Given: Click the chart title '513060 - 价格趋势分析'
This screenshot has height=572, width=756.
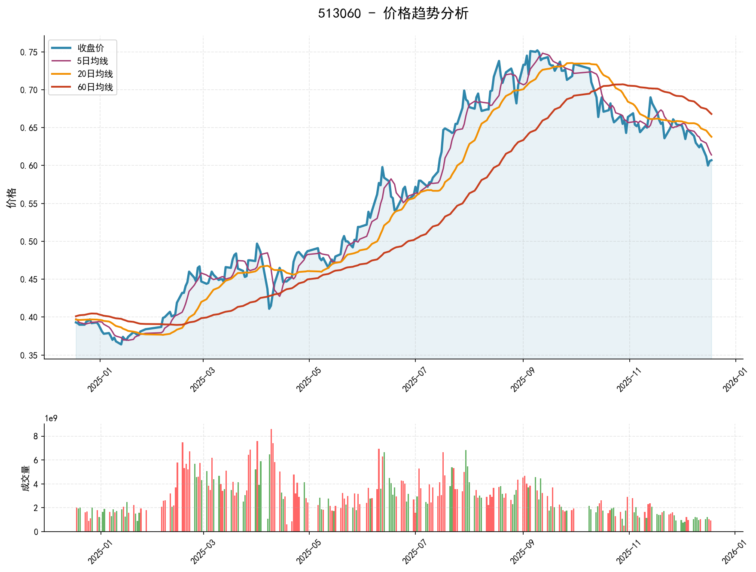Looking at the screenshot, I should tap(393, 14).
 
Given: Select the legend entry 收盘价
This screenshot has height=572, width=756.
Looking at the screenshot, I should tap(91, 48).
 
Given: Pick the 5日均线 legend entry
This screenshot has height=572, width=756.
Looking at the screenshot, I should tap(92, 61).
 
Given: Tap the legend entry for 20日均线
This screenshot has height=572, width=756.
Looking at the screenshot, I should tap(95, 74).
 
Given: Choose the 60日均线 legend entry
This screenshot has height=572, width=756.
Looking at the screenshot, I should tap(95, 87).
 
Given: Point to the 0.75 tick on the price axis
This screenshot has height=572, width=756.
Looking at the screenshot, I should tap(29, 52).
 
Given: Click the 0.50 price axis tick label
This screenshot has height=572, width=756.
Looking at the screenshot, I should tap(29, 242).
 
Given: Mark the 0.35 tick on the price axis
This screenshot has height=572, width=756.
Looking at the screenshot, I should tap(29, 356).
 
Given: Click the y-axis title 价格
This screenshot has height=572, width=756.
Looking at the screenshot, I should tap(12, 198).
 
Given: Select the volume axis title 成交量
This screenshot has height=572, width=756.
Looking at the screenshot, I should tap(26, 478).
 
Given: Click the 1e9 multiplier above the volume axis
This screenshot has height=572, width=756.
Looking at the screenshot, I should tap(51, 419).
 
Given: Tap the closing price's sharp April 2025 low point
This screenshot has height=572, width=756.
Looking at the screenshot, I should tap(269, 308).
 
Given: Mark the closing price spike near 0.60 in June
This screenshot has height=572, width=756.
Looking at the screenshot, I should tap(382, 167).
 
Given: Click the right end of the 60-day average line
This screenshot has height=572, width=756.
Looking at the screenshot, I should tap(712, 114).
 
